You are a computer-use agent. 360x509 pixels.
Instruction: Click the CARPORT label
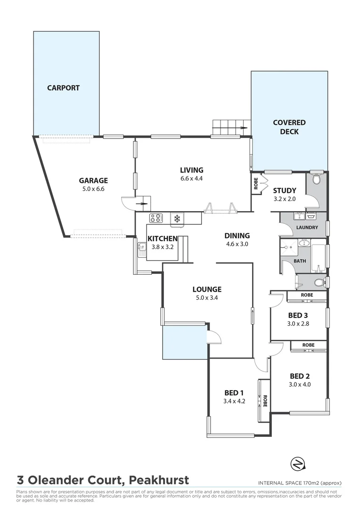tap(63, 88)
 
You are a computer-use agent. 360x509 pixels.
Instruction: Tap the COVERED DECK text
tap(289, 127)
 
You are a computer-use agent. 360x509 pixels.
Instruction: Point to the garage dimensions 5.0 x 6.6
tap(93, 189)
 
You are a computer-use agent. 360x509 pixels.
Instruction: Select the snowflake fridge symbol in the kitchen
tap(178, 218)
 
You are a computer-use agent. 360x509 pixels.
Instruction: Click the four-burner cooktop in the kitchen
tap(156, 218)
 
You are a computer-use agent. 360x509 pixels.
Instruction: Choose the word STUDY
tap(285, 190)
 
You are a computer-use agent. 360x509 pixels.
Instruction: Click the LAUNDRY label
tap(307, 228)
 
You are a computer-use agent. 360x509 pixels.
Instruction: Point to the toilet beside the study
tap(317, 180)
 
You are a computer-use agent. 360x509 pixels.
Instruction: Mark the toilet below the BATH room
tap(320, 282)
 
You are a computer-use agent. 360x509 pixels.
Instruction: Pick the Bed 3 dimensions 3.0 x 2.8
tap(299, 324)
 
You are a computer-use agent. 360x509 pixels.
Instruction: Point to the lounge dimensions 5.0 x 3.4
tap(207, 298)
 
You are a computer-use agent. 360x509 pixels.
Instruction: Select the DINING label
tap(237, 236)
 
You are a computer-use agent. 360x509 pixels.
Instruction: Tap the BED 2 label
tap(300, 376)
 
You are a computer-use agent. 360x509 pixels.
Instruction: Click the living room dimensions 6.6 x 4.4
tap(191, 179)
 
